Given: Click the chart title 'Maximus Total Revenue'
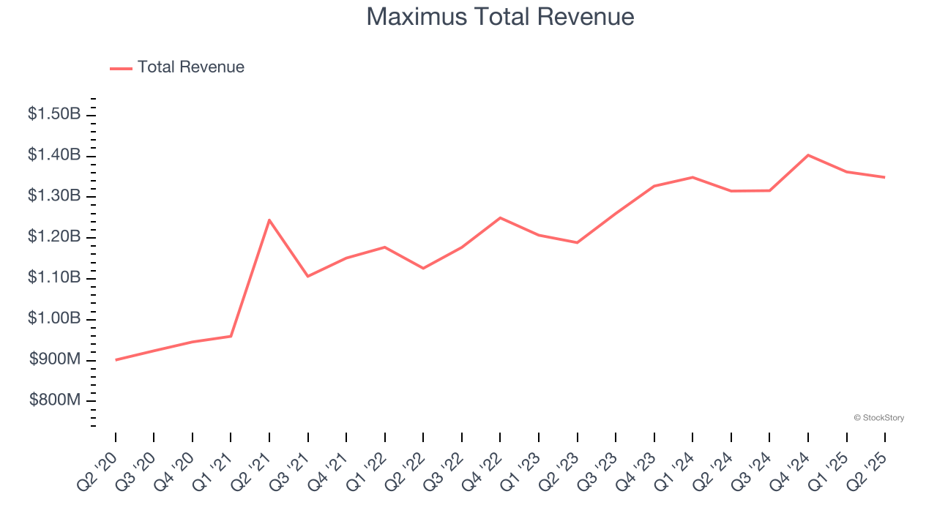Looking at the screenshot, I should (x=500, y=16).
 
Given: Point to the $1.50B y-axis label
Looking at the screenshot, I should (x=54, y=114).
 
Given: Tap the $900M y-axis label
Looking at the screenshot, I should (x=55, y=359).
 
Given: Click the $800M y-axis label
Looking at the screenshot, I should (x=55, y=400).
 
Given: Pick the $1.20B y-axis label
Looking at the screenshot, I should (x=54, y=237).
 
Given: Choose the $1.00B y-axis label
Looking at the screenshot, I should (x=54, y=319).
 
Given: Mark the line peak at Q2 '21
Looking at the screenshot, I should (x=269, y=220).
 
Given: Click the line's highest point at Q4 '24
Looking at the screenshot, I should (x=807, y=155).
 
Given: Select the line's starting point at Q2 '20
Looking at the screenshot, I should (x=116, y=359).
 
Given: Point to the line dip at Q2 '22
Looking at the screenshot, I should (x=423, y=268).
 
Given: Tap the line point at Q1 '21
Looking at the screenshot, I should (x=231, y=336).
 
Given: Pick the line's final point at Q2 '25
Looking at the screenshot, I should (x=884, y=177).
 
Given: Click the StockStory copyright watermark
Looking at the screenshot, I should (x=878, y=418).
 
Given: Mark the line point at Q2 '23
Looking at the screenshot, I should (x=577, y=242).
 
